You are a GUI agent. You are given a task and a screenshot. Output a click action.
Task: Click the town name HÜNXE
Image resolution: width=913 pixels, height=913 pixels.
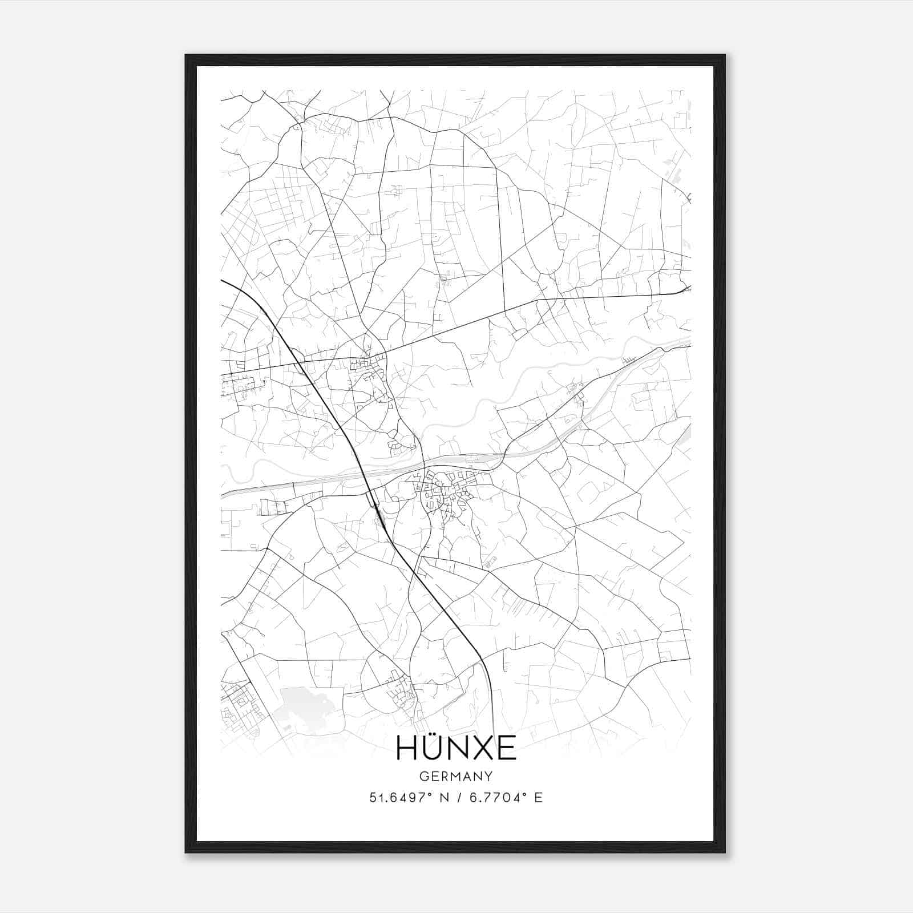(x=456, y=748)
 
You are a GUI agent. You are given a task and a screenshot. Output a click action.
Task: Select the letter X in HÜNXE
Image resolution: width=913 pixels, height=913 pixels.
(x=481, y=749)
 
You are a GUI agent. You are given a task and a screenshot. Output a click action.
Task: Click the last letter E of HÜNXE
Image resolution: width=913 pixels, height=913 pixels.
(x=506, y=749)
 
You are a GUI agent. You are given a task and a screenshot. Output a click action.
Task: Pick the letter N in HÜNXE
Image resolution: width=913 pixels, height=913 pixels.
(x=458, y=749)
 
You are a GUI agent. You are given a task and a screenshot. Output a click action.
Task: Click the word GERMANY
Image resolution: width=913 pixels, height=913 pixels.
(x=456, y=777)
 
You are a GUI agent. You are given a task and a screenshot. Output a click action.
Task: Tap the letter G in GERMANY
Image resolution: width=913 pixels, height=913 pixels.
(x=423, y=777)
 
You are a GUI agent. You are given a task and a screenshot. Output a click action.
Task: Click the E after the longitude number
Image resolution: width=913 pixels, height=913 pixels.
(x=539, y=798)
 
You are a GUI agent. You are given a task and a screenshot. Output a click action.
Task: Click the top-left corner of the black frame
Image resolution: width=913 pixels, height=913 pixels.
(x=186, y=55)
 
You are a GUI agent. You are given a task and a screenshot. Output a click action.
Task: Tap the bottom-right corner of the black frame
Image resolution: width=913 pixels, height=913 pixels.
(x=724, y=852)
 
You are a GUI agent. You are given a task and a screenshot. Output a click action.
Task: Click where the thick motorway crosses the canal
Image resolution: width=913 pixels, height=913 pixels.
(x=363, y=473)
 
